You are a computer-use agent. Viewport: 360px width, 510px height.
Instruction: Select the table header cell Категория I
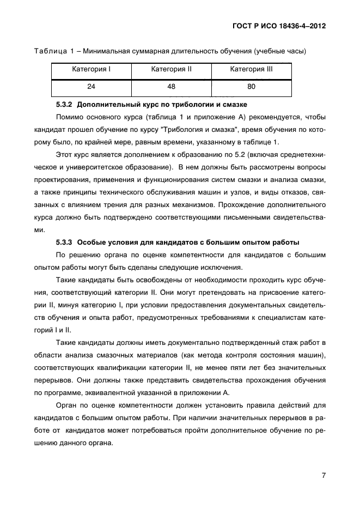tap(91, 70)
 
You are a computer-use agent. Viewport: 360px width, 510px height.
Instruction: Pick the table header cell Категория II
tap(171, 70)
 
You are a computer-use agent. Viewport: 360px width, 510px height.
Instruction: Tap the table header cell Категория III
tap(251, 70)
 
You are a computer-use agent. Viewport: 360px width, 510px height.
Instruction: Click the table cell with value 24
tap(91, 86)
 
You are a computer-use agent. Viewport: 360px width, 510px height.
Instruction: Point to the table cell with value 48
tap(171, 86)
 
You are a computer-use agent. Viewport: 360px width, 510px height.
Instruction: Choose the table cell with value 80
tap(251, 86)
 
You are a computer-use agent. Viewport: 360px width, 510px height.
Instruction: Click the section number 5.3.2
tap(66, 104)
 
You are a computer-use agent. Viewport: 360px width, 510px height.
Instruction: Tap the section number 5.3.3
tap(66, 242)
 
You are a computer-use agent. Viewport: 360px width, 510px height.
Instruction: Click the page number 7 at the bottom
tap(324, 475)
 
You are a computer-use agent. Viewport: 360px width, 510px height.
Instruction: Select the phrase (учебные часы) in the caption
tap(279, 52)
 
